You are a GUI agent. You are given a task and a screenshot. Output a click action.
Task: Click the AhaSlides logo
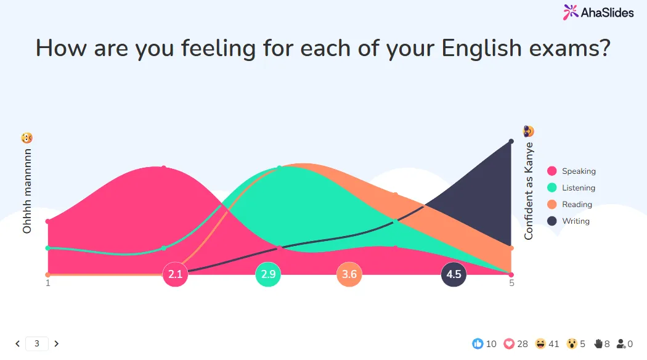pos(598,12)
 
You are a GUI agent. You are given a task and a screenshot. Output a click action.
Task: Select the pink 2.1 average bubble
pos(176,274)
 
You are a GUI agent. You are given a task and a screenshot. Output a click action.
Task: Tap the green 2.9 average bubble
pos(268,274)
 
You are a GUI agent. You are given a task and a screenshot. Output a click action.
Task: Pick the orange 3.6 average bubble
pos(349,274)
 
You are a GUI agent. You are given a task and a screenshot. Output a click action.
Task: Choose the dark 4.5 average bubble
pos(454,274)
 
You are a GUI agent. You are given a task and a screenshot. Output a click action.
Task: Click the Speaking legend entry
pos(571,171)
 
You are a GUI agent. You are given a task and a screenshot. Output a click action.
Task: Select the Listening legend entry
pos(571,188)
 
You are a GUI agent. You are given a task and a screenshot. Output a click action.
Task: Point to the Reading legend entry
pos(569,205)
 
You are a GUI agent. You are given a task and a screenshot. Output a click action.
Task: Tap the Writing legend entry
pos(568,221)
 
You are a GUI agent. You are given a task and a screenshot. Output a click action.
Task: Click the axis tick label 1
pos(48,283)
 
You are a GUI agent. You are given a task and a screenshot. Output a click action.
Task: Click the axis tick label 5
pos(511,283)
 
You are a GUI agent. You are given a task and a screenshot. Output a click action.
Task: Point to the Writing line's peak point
pos(511,142)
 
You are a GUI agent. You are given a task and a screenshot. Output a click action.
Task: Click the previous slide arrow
pos(17,343)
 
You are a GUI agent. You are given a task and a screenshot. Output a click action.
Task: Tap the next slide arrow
pos(57,343)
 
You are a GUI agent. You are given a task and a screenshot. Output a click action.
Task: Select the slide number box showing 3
pos(37,343)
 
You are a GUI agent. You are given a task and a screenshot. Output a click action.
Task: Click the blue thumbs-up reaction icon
pos(478,343)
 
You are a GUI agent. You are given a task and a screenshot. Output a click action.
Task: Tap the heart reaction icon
pos(509,343)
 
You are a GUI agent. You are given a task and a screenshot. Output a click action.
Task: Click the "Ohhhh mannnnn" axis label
pos(27,191)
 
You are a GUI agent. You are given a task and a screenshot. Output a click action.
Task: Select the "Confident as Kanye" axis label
pos(529,191)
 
